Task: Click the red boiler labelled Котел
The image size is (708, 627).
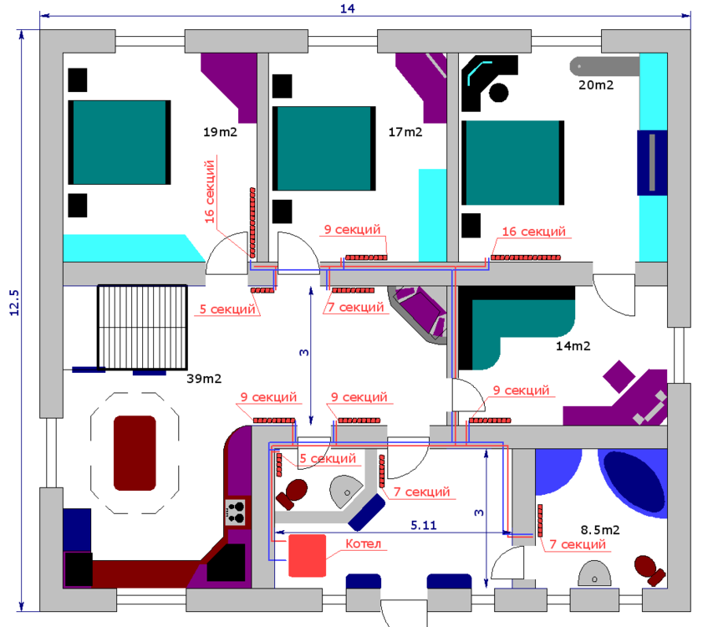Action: coord(307,556)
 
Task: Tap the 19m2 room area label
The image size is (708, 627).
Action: coord(220,132)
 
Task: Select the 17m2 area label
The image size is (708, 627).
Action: coord(405,132)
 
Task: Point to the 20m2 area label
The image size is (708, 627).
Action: coord(596,85)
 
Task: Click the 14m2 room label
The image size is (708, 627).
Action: coord(573,346)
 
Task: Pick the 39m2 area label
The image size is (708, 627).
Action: coord(204,379)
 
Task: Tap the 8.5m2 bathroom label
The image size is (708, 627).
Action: coord(600,529)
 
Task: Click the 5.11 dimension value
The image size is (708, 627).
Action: coord(424,525)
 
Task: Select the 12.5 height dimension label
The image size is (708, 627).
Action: coord(14,303)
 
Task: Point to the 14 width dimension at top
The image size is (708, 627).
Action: coord(347,8)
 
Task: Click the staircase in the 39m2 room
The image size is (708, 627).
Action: coord(142,327)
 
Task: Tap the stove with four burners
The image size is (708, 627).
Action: coord(235,512)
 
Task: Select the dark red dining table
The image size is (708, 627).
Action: coord(135,453)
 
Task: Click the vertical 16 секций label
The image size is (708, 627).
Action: coord(209,191)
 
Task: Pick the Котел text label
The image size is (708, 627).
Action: coord(363,543)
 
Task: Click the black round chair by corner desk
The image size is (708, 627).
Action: coord(498,93)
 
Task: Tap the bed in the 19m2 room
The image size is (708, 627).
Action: coord(120,142)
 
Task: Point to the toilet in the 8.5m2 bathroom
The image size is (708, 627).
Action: coord(649,570)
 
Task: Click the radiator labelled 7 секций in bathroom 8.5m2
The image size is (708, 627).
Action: coord(540,520)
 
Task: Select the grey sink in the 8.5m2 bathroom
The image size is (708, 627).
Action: coord(594,573)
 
